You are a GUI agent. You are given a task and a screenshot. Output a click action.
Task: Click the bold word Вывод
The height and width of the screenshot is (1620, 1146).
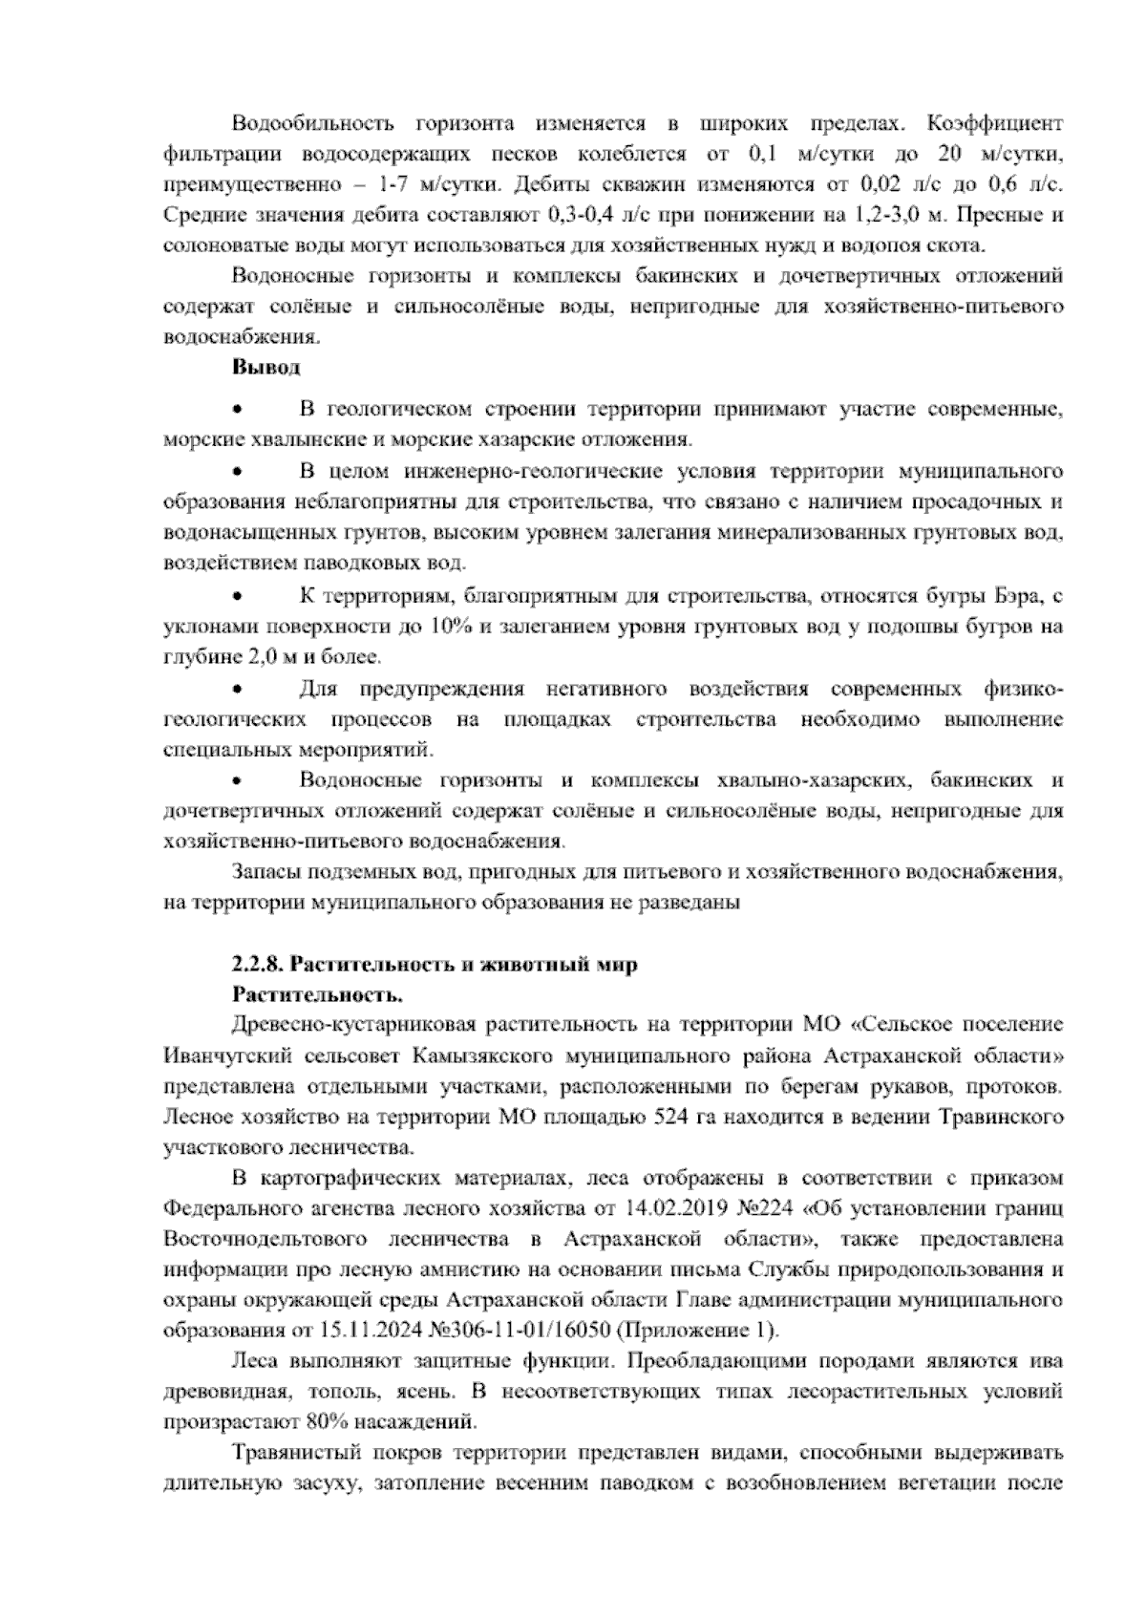(x=265, y=367)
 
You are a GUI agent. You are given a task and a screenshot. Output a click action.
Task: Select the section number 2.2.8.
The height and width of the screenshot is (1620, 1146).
(x=258, y=965)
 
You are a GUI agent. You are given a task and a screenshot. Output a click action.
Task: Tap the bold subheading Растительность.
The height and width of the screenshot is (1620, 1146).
(x=316, y=995)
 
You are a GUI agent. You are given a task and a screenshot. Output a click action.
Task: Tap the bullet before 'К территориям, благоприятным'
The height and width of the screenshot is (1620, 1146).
(x=239, y=597)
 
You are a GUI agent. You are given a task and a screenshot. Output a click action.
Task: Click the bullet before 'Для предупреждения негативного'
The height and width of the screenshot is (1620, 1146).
(x=239, y=689)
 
